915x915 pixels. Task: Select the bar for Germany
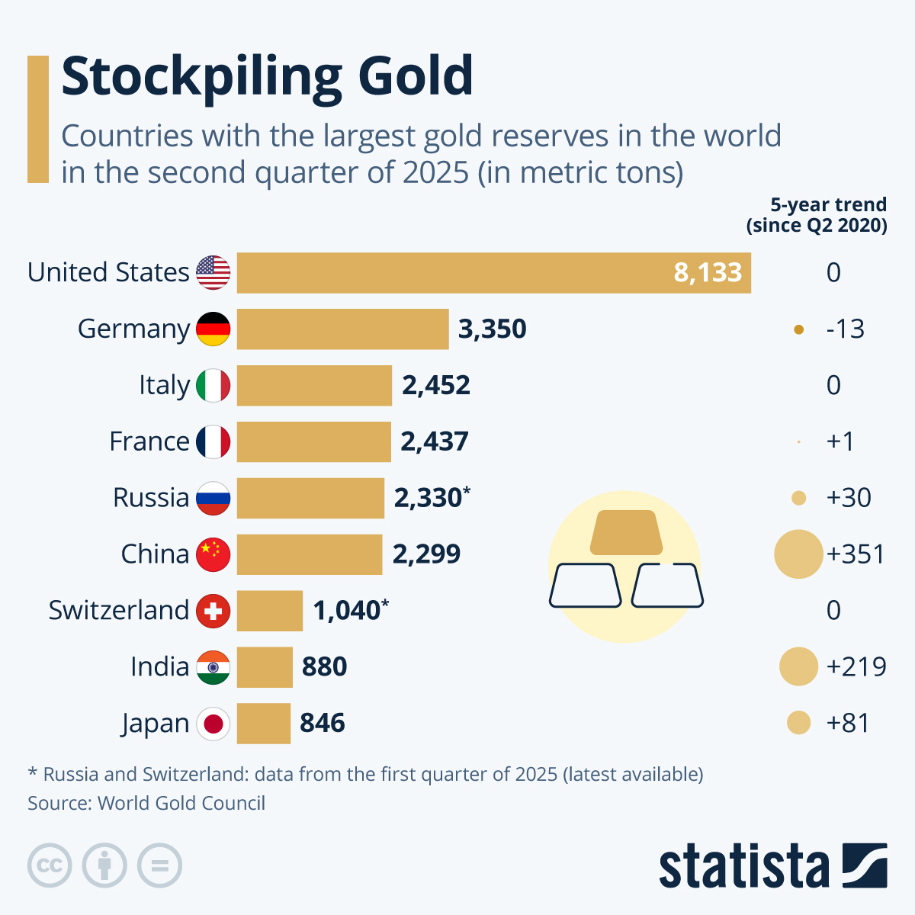point(342,329)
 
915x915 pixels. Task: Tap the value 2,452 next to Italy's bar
point(436,385)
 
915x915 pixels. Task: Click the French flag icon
point(213,441)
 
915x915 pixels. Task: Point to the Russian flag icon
point(213,498)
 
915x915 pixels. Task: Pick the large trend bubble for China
point(798,554)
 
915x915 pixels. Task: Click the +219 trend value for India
point(856,666)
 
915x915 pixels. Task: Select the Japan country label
point(155,723)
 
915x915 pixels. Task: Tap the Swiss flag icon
point(213,611)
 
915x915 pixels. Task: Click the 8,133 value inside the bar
point(708,273)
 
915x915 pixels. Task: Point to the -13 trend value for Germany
point(845,329)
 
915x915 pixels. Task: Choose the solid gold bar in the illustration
point(626,532)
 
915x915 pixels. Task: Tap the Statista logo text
point(743,866)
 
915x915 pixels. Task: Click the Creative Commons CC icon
point(50,866)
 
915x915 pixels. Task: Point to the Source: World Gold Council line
point(146,803)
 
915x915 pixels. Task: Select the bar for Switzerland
point(270,611)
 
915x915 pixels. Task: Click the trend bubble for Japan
point(798,723)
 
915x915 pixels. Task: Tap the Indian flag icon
point(213,667)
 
